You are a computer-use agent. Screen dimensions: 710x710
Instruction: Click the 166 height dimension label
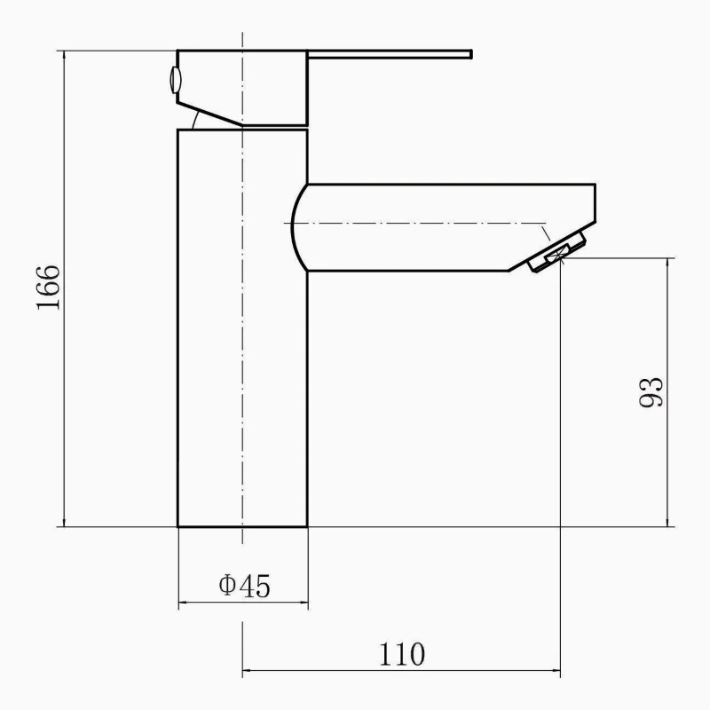pos(49,287)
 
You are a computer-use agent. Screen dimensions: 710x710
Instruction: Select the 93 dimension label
pos(651,391)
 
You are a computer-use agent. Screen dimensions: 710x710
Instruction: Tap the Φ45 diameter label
pos(245,586)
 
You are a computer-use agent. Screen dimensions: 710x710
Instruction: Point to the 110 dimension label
pos(402,654)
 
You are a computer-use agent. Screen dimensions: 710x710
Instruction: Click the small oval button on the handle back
pos(175,80)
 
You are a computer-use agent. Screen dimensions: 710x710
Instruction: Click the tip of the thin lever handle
pos(471,54)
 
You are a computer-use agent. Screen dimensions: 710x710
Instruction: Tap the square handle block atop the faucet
pos(242,87)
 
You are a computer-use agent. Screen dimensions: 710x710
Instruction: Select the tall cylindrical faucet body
pos(242,328)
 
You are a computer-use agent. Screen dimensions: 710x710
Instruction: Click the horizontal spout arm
pos(444,227)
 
